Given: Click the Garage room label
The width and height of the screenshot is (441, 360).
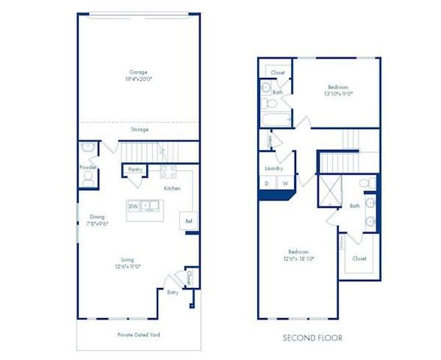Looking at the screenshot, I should pos(138,73).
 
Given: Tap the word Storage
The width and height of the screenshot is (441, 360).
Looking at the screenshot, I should pos(139,130).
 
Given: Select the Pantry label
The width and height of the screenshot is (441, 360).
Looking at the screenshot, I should pos(135,169).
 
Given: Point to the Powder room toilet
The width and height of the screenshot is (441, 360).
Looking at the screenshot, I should pos(88,178).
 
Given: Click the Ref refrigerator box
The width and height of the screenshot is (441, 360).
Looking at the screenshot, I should pos(188,222).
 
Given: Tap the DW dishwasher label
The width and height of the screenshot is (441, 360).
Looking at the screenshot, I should pos(133,205).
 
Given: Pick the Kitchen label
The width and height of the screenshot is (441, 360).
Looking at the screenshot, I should pos(172,188).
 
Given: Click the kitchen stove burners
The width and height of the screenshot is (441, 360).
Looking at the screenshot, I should pos(166,169).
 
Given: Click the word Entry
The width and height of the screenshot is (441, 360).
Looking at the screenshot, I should pos(172,292).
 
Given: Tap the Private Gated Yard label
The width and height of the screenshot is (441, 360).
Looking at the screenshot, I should pos(139,334).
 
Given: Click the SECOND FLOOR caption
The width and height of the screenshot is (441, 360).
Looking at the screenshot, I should pos(312,338).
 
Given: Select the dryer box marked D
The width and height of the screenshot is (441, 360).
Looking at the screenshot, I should pos(267,183).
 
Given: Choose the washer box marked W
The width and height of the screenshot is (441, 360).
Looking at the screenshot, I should pos(285,183).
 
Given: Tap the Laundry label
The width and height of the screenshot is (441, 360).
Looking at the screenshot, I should pos(273,168).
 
